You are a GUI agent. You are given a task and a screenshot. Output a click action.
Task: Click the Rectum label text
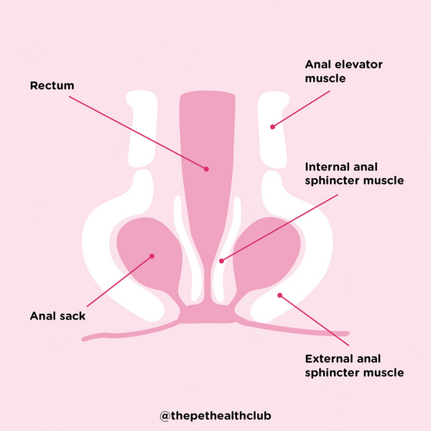click(52, 86)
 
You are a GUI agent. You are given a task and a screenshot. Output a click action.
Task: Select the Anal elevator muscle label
click(343, 71)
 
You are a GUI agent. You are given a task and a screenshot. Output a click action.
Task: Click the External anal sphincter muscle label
click(354, 365)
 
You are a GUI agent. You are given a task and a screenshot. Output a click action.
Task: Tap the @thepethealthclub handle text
click(215, 415)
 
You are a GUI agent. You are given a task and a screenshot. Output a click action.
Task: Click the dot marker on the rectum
click(206, 170)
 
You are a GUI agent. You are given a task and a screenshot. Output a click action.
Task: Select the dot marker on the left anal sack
click(152, 255)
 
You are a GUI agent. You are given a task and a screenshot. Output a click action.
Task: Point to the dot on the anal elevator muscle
click(272, 127)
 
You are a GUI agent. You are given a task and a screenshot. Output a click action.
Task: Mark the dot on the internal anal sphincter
click(221, 261)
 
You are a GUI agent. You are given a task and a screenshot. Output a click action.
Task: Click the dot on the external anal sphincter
click(281, 295)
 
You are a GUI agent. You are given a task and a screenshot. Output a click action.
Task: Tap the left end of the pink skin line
click(85, 335)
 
